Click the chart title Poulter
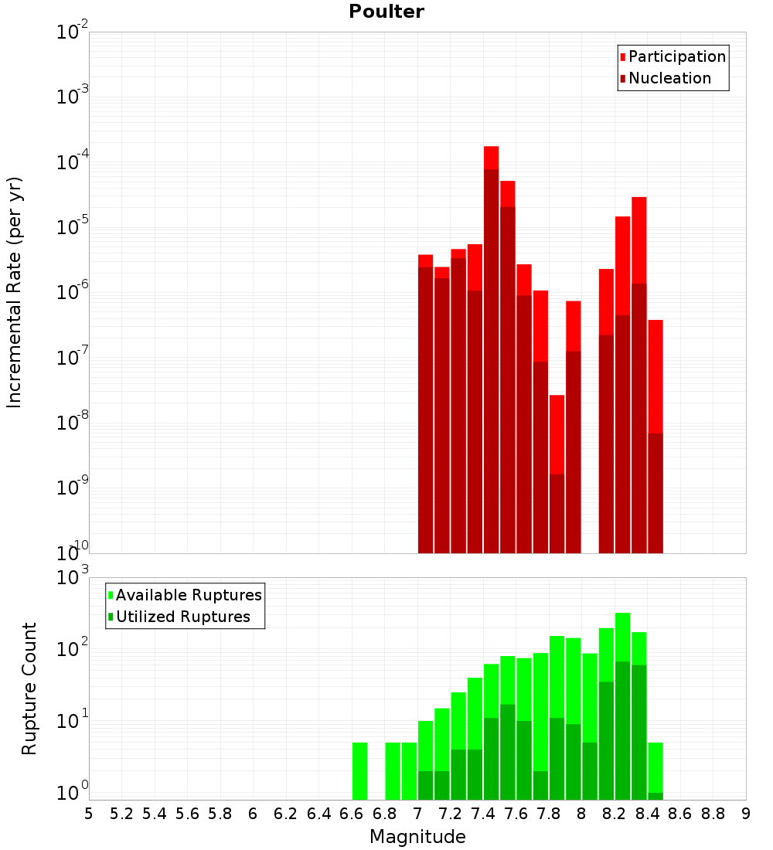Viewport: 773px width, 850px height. [x=386, y=12]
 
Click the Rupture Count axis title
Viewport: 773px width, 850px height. [x=29, y=688]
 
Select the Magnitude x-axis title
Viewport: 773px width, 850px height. [x=417, y=837]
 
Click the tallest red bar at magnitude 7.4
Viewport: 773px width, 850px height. [x=492, y=348]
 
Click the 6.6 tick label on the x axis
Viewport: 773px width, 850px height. [x=352, y=813]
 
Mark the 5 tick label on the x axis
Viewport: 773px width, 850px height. [x=89, y=813]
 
